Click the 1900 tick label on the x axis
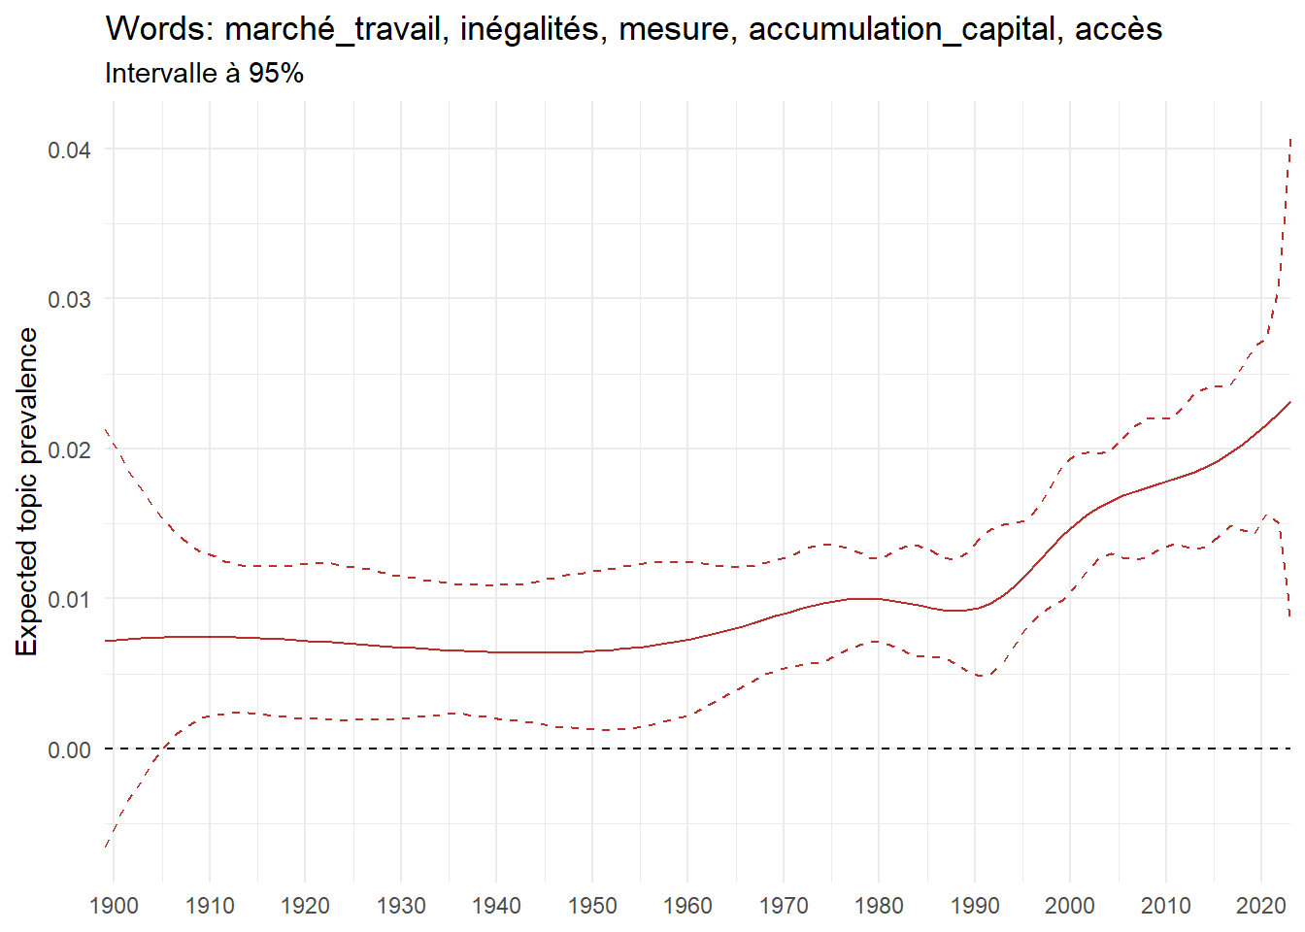114,906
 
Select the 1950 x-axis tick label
592,906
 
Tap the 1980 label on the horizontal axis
879,906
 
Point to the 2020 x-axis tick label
1261,906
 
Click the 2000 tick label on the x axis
1070,906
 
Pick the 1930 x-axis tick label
401,906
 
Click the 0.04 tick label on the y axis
69,150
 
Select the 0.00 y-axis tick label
69,749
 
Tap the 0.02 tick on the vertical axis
69,449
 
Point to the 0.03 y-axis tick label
69,299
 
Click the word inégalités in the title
533,29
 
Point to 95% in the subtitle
276,74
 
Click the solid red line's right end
1290,401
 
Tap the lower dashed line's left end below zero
105,848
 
